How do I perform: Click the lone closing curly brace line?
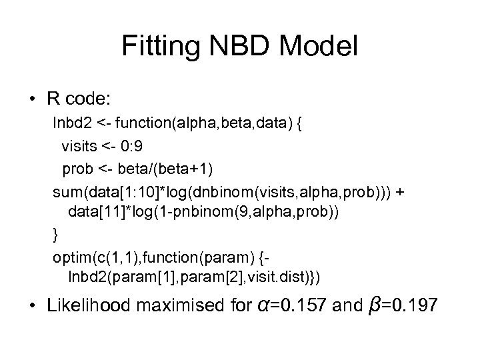pyautogui.click(x=56, y=235)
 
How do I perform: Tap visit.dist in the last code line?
pyautogui.click(x=269, y=279)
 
